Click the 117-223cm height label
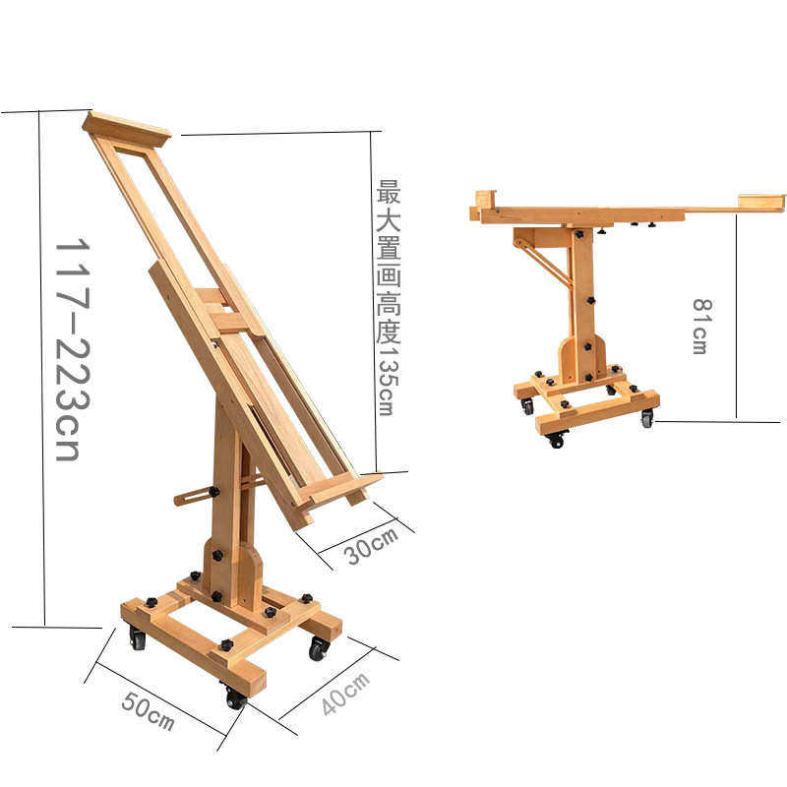coord(73,349)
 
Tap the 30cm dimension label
coord(372,546)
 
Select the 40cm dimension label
coord(346,694)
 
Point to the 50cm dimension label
coord(149,711)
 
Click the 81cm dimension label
coord(702,327)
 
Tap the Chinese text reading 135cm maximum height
coord(388,298)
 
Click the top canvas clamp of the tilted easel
coord(127,129)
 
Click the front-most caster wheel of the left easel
coord(235,697)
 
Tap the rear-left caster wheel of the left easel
coord(137,637)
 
